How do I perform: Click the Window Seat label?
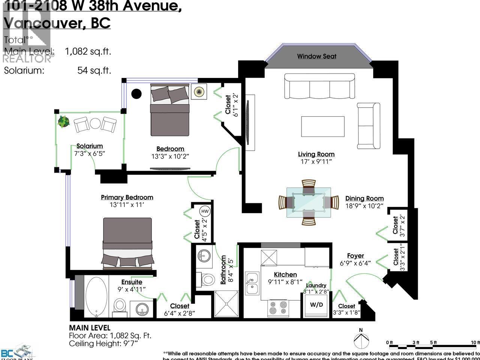316,56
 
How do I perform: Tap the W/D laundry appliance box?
316,304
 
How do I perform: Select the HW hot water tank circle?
205,211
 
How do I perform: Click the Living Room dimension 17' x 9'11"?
316,162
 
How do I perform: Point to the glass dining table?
309,202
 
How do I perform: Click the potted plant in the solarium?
63,121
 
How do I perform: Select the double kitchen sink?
252,283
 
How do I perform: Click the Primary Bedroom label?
127,197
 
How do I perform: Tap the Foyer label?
355,256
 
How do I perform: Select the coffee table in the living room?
322,126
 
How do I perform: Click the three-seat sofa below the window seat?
319,86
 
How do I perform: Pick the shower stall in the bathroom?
226,304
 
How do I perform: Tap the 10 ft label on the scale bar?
475,342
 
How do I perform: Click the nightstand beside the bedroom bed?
199,91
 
